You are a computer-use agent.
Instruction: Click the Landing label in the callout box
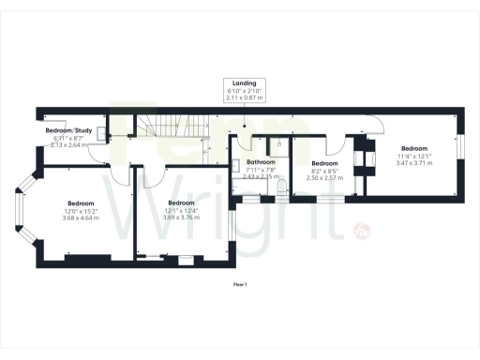tap(244, 82)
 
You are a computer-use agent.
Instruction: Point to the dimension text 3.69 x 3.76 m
tap(180, 217)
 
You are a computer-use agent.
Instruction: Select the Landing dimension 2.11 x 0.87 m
tap(244, 97)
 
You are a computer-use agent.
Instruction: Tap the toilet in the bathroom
tap(281, 189)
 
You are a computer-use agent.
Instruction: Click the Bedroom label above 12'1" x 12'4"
tap(180, 202)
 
